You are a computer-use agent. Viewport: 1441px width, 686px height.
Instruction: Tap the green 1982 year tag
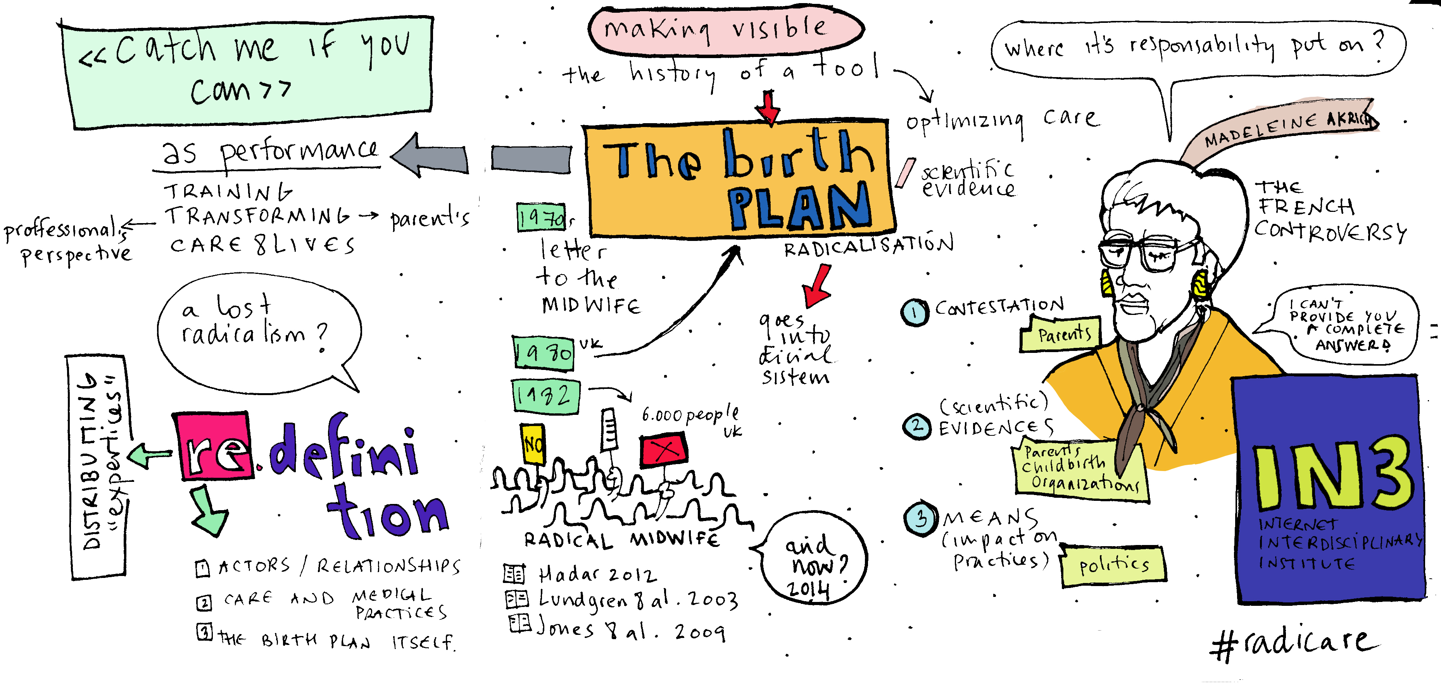[x=545, y=396]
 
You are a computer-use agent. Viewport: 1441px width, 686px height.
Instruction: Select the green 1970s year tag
[x=540, y=217]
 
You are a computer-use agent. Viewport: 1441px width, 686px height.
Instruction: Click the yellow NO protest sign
[x=533, y=444]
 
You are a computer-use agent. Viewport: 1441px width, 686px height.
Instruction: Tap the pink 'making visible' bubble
[x=725, y=30]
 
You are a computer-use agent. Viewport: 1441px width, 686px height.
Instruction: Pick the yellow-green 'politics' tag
[x=1113, y=566]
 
